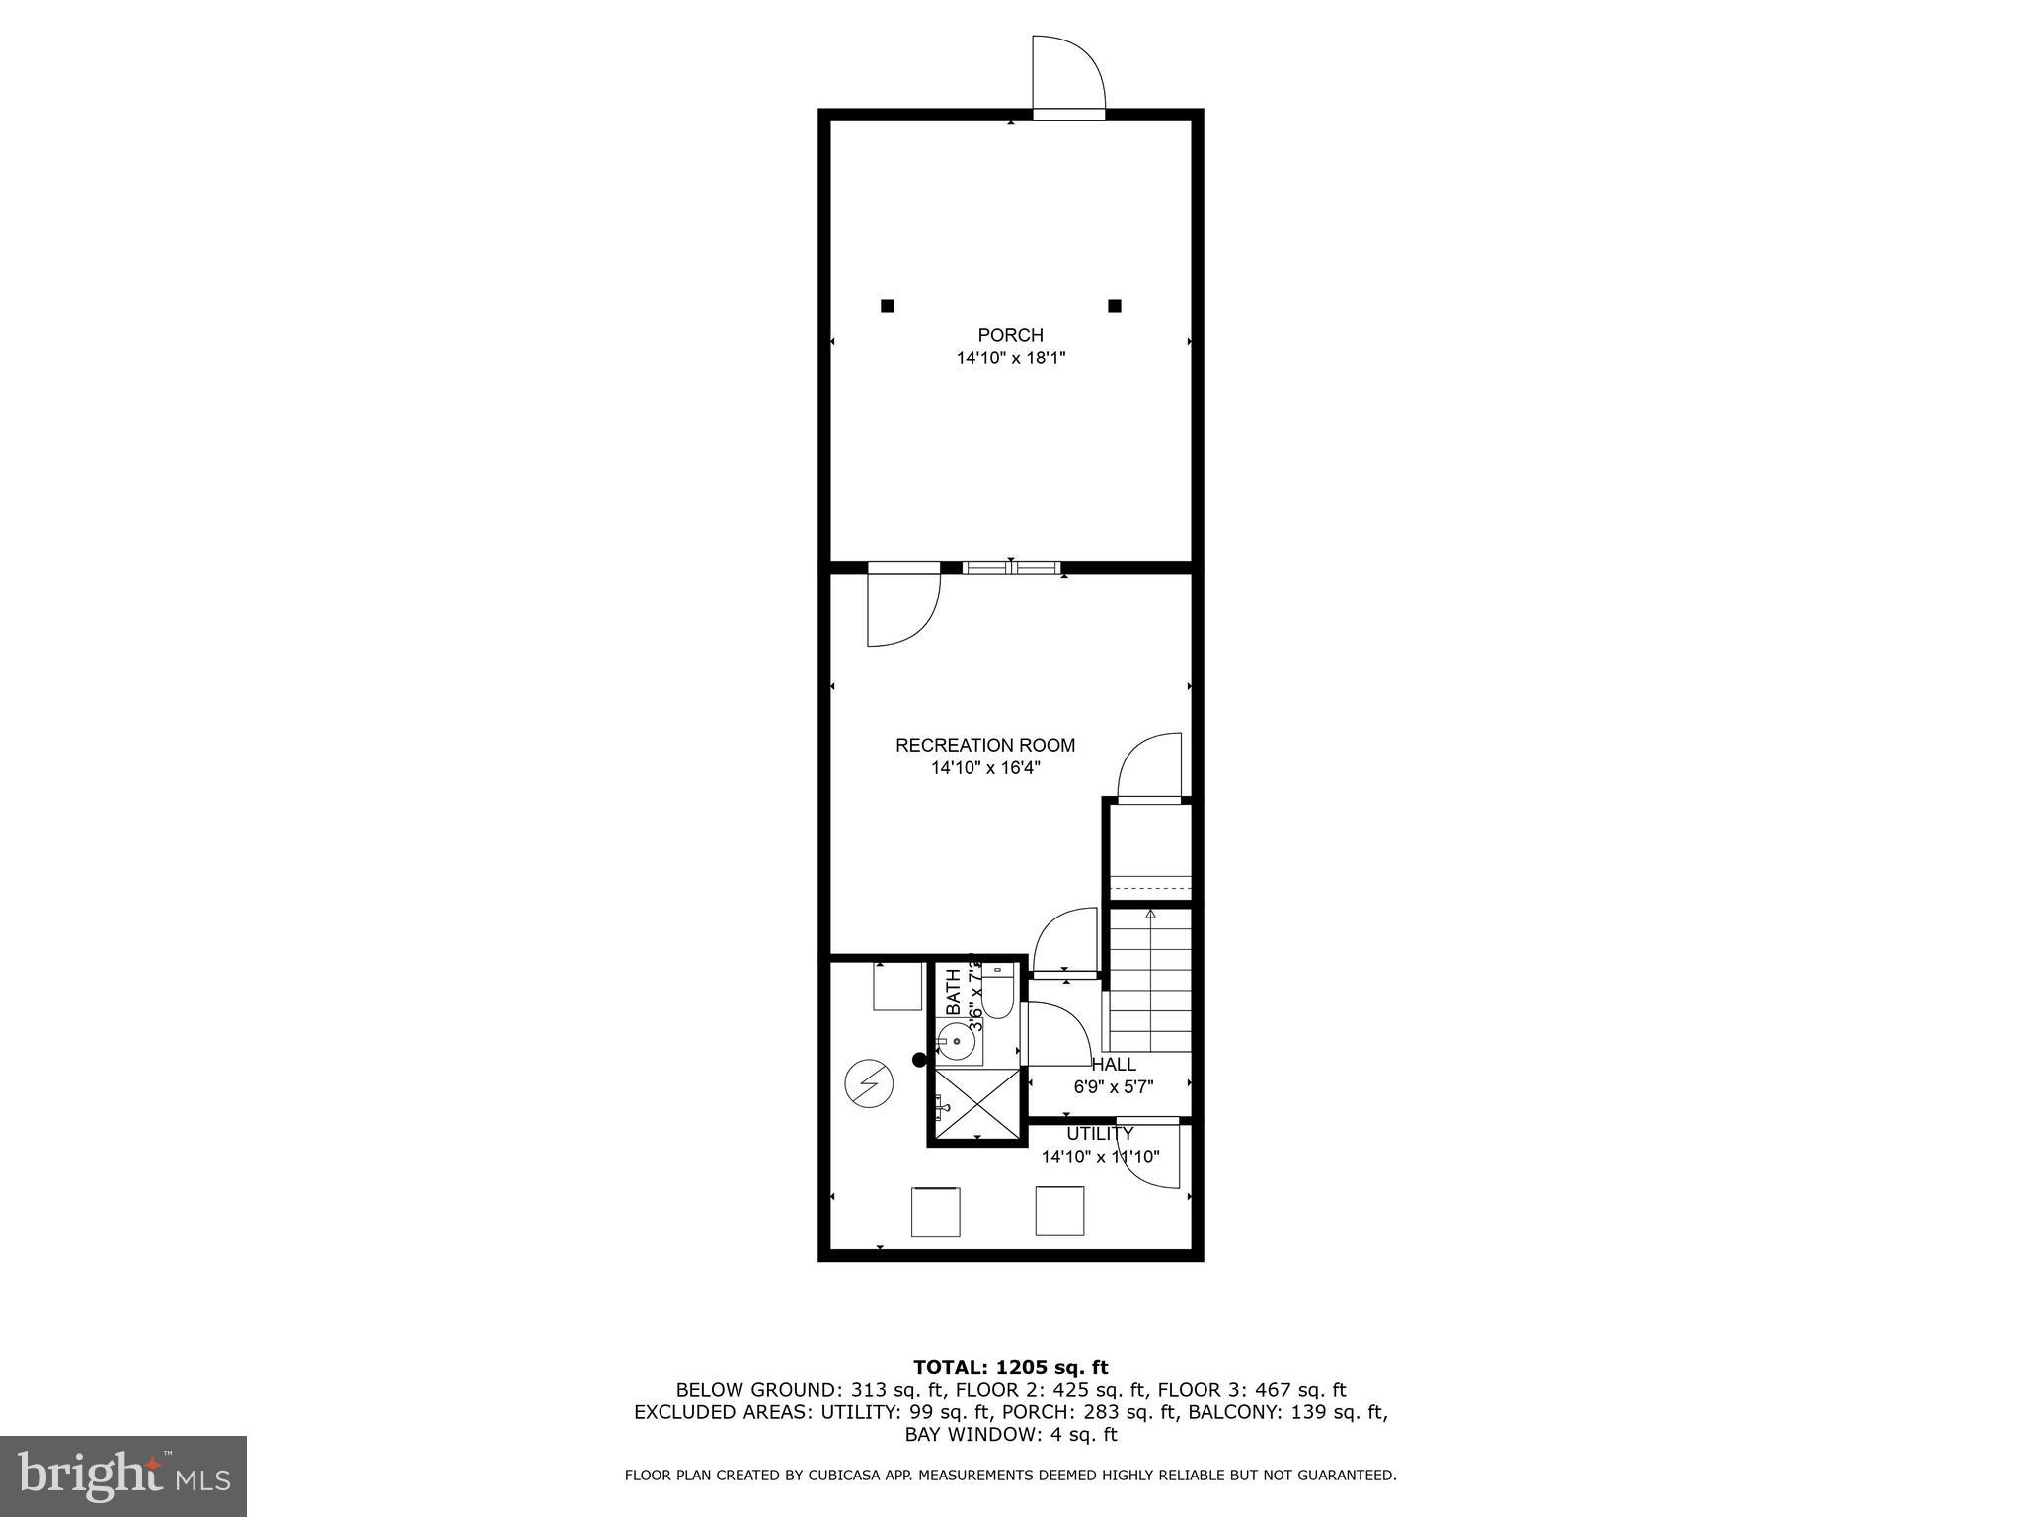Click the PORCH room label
[1010, 335]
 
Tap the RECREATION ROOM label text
[984, 745]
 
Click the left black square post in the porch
[887, 306]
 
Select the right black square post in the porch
[1115, 306]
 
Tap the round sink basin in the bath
[956, 1041]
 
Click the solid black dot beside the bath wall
[919, 1060]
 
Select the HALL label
[1114, 1065]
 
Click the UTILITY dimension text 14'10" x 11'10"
[1100, 1157]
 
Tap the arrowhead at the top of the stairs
[1150, 914]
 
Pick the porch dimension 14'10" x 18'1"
[1010, 358]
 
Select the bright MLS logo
[122, 1476]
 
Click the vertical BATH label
[953, 992]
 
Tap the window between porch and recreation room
[1011, 568]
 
